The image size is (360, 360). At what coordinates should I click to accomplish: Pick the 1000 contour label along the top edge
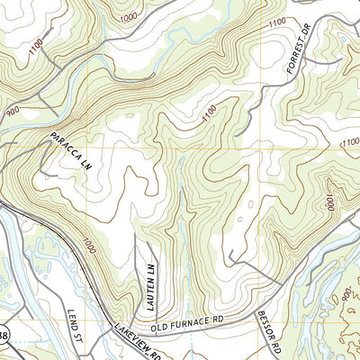[x=129, y=17]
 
